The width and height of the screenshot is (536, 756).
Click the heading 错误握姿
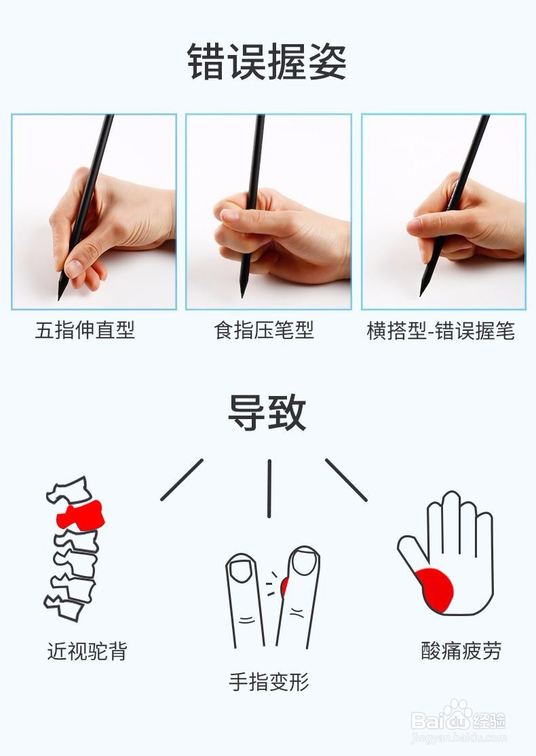pyautogui.click(x=267, y=62)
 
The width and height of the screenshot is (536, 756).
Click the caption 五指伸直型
pyautogui.click(x=85, y=331)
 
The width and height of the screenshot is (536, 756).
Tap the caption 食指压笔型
pyautogui.click(x=264, y=331)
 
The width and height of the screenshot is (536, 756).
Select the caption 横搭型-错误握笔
pyautogui.click(x=441, y=331)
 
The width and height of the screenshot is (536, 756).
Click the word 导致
pyautogui.click(x=267, y=412)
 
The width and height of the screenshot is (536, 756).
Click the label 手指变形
pyautogui.click(x=269, y=681)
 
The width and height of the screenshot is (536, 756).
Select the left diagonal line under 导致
pyautogui.click(x=182, y=480)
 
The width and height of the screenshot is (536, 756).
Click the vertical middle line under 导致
pyautogui.click(x=269, y=488)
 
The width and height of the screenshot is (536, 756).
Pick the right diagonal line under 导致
pyautogui.click(x=346, y=480)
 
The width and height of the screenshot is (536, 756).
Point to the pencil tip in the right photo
pyautogui.click(x=423, y=291)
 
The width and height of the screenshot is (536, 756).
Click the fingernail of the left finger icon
pyautogui.click(x=240, y=569)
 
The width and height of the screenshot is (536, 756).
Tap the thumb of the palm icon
pyautogui.click(x=410, y=553)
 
